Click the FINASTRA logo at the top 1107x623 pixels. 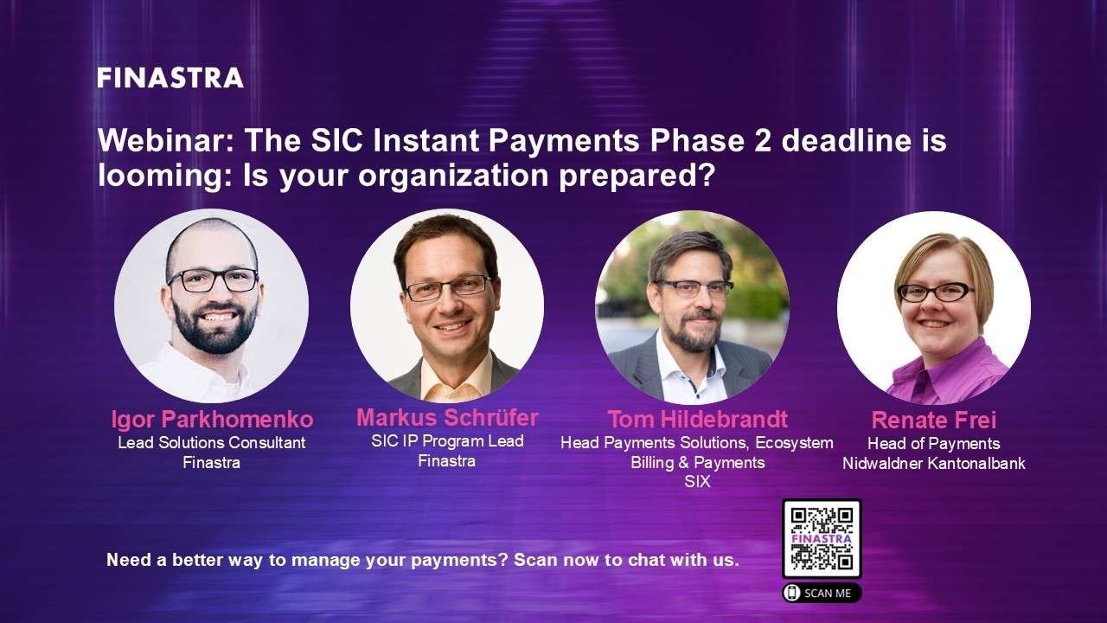170,78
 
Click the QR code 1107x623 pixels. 822,538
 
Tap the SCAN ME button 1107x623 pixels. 822,593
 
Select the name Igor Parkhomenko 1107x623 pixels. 212,420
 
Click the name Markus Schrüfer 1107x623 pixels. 447,418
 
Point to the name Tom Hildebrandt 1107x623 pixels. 697,420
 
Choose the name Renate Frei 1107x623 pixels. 934,421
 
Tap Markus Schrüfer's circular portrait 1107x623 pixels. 447,305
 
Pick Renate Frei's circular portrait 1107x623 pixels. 934,307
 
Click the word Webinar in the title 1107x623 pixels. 164,140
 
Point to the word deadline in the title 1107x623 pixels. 841,140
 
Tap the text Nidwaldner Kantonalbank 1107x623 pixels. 934,464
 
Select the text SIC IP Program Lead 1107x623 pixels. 447,441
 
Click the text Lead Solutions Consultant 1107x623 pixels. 212,443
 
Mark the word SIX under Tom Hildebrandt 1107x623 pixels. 697,482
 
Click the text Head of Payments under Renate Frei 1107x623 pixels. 934,444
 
